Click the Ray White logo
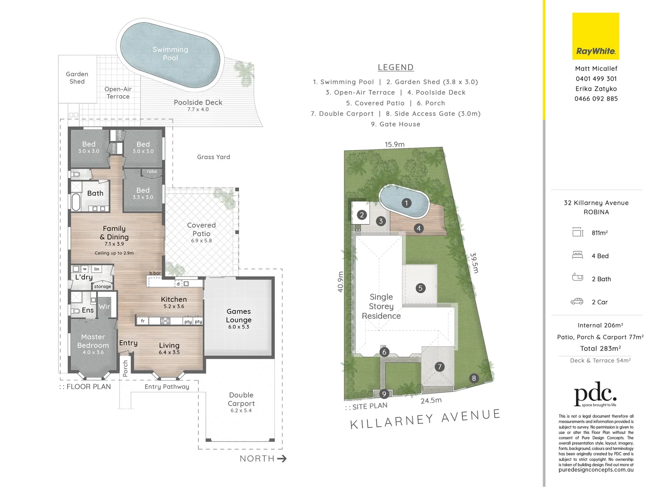[595, 36]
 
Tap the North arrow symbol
[282, 459]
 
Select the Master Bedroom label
[93, 341]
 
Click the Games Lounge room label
[239, 316]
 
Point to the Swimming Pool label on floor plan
[170, 54]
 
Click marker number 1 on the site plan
[406, 203]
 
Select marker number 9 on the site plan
[384, 394]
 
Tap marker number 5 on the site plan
[420, 288]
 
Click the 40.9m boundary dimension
[341, 281]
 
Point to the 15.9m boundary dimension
[394, 144]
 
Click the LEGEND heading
[396, 67]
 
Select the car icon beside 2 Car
[577, 302]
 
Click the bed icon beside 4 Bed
[577, 255]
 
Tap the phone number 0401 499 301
[596, 78]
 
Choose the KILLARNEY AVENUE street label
[425, 419]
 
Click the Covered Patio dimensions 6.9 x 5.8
[201, 241]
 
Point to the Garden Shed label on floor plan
[77, 78]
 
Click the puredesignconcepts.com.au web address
[596, 470]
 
